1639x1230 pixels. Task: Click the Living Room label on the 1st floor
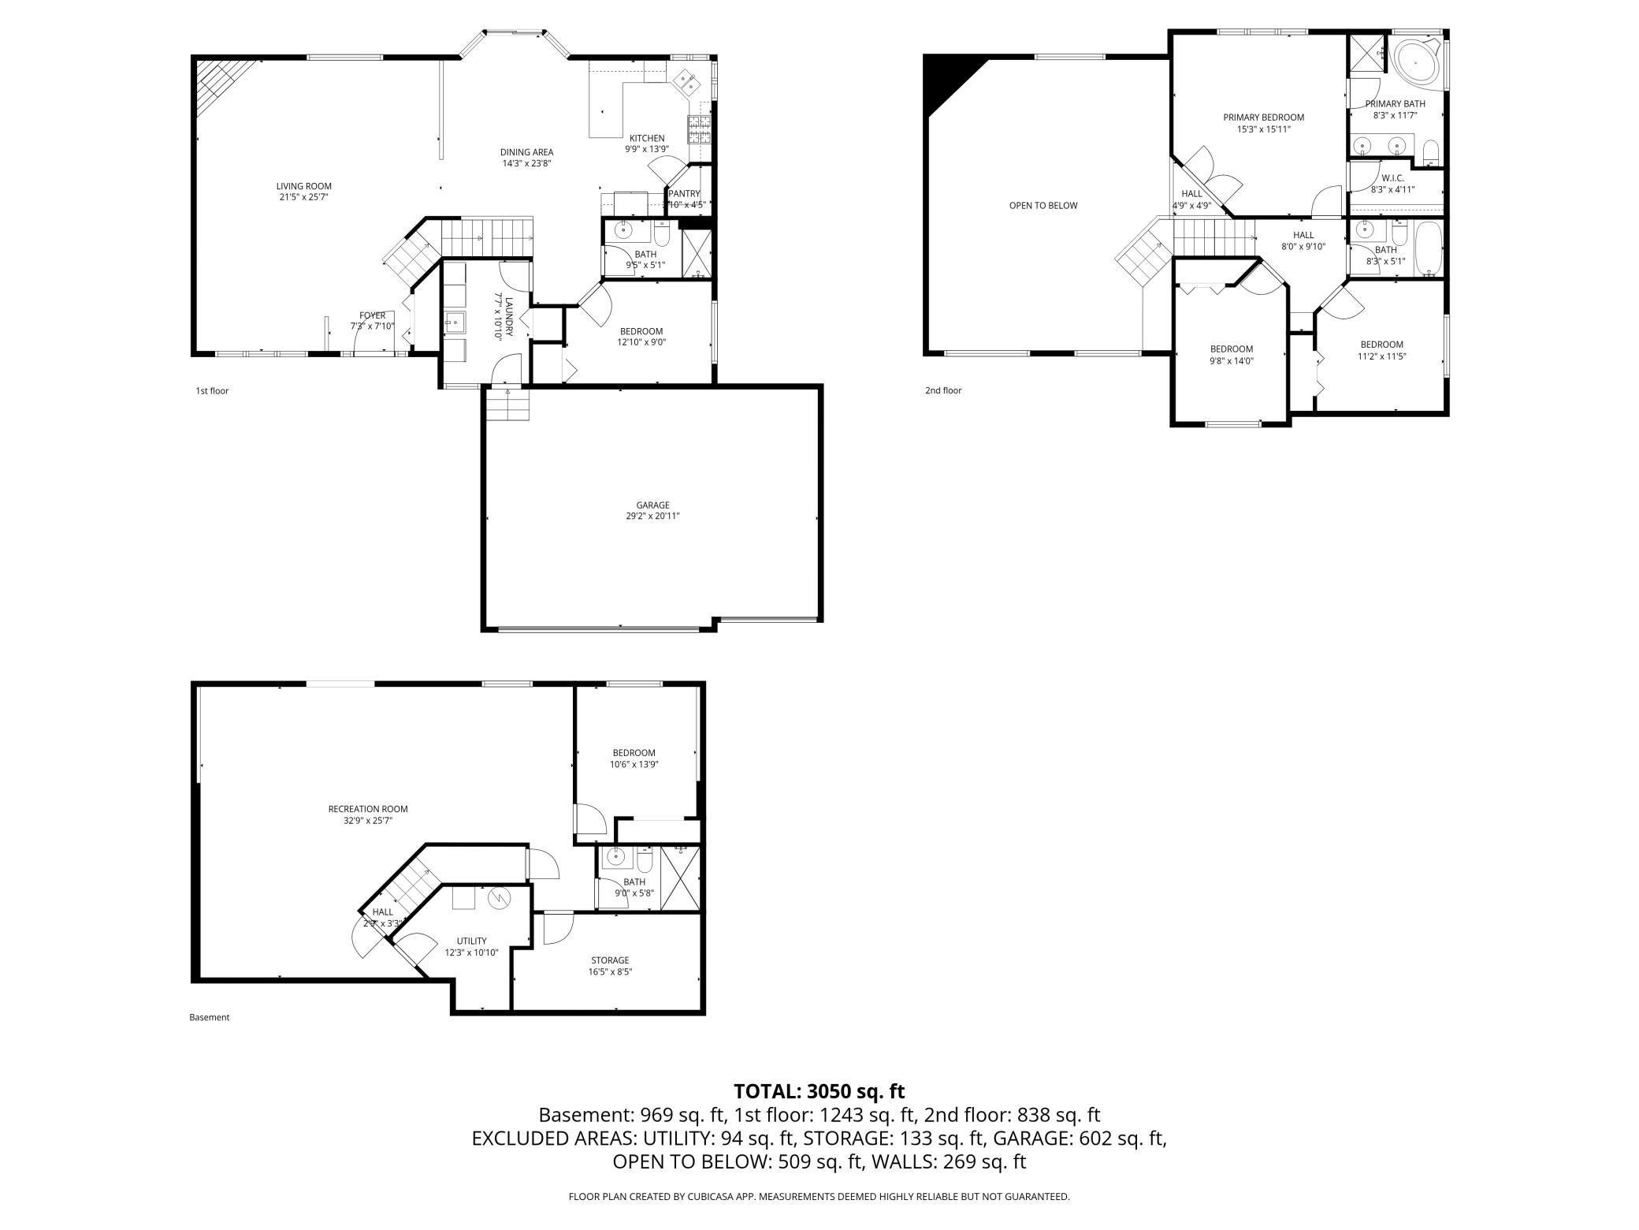[303, 187]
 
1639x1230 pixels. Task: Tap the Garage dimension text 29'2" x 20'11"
[652, 516]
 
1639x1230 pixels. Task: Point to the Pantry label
[684, 194]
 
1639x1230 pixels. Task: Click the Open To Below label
[1042, 206]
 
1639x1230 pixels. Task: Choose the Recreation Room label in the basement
[368, 809]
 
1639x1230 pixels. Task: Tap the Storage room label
[610, 960]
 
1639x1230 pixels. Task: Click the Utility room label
[471, 941]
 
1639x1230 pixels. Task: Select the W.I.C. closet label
[1392, 178]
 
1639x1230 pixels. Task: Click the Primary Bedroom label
[1263, 117]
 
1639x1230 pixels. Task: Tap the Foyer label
[373, 315]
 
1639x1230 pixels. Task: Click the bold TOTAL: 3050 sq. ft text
[819, 1091]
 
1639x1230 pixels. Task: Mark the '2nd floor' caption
[943, 390]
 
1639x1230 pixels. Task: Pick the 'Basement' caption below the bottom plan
[210, 1017]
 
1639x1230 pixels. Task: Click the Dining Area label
[526, 152]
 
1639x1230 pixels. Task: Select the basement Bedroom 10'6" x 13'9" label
[634, 753]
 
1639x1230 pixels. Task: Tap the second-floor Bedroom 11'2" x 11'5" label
[1381, 345]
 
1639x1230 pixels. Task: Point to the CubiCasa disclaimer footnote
[819, 1197]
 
